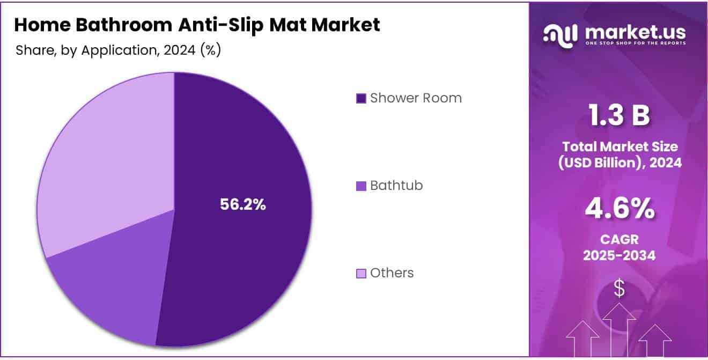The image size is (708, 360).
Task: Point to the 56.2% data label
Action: click(243, 204)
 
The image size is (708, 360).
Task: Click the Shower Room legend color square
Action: click(361, 98)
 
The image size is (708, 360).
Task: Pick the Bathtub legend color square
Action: click(361, 186)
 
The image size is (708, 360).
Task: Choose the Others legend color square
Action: click(361, 274)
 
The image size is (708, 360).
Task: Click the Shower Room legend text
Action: click(416, 98)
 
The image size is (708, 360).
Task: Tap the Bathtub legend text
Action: click(396, 186)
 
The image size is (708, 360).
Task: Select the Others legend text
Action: click(392, 273)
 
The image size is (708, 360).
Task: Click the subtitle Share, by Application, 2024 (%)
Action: click(119, 50)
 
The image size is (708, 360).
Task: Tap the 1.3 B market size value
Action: click(619, 116)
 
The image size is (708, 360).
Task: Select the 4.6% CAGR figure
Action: click(619, 209)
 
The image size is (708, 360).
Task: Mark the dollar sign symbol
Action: click(619, 289)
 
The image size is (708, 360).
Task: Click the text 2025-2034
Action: click(619, 255)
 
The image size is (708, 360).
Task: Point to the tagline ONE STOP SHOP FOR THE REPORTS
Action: click(636, 43)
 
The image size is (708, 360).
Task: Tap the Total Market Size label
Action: click(619, 146)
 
